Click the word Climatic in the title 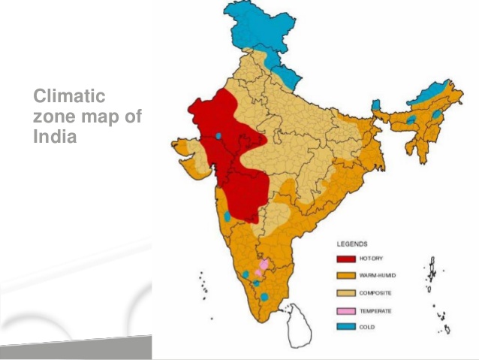tap(69, 97)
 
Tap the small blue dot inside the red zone tap(218, 136)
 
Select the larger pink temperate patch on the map tap(263, 266)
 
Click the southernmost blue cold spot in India tap(264, 298)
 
